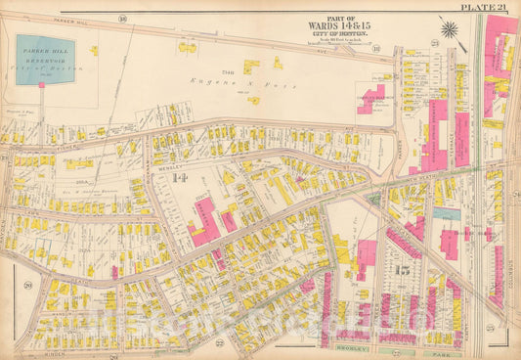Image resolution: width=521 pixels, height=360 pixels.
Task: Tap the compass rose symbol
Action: click(449, 28)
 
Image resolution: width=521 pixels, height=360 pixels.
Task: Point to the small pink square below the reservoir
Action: click(41, 85)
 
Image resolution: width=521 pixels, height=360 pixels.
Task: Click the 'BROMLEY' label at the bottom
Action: click(348, 348)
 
